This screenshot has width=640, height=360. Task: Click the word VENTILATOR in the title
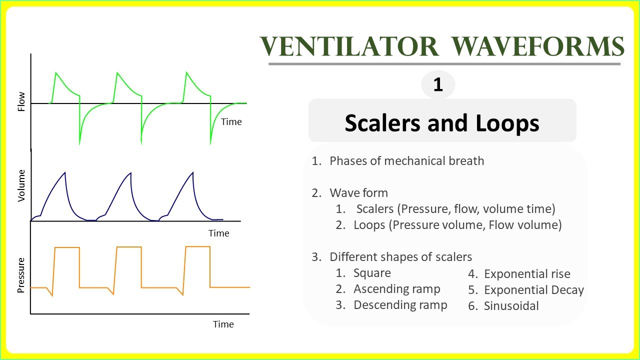point(349,47)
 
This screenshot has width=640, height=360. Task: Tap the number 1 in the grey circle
point(438,84)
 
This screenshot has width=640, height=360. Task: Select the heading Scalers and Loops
point(442,122)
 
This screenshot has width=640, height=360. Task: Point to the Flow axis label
point(21,102)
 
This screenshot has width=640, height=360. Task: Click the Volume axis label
point(21,185)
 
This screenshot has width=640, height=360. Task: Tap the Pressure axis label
point(21,275)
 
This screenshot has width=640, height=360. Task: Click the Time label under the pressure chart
point(223,324)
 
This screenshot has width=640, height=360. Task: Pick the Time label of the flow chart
point(231,122)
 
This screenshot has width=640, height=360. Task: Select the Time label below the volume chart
point(218,233)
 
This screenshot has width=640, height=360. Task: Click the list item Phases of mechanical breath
point(406,161)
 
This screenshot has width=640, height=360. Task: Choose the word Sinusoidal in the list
point(511,306)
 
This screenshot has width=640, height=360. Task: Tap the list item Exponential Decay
point(533,290)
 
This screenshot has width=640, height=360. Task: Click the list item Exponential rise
point(527,274)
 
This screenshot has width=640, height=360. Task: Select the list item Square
point(372,273)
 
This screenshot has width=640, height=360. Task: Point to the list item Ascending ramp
point(396,289)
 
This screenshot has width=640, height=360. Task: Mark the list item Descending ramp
point(400,305)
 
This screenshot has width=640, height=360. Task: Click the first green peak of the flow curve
point(56,73)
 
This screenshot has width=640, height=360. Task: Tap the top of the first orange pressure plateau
point(66,247)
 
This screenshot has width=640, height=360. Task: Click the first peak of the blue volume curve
point(65,172)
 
